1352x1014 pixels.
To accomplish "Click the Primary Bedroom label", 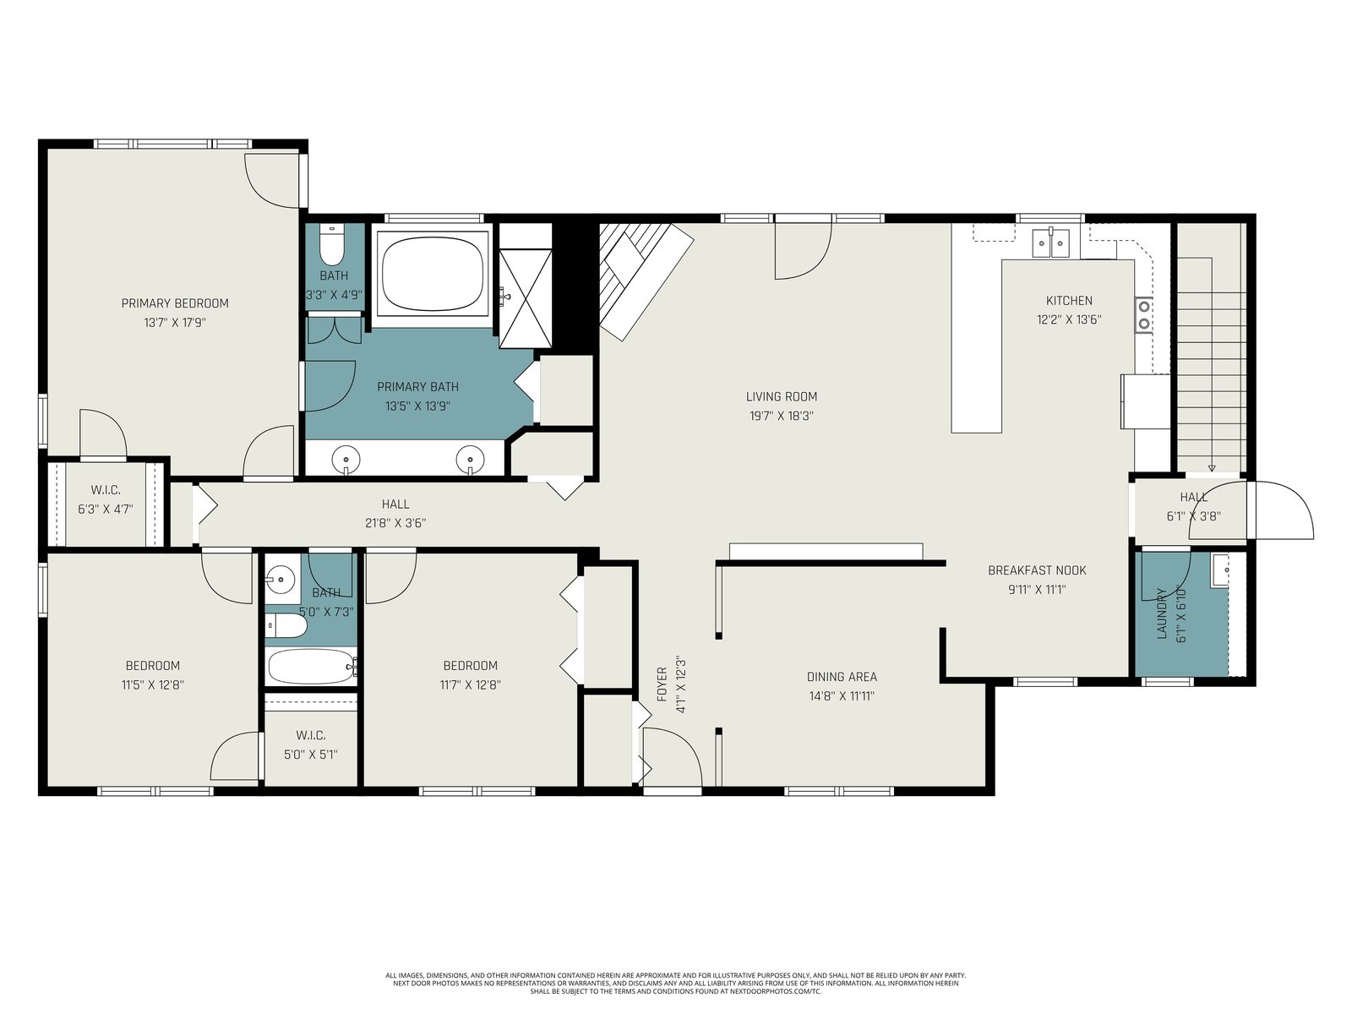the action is pos(175,303).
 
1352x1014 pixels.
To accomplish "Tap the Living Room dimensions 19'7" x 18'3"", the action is pos(781,416).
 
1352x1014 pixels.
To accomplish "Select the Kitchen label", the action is pos(1069,301).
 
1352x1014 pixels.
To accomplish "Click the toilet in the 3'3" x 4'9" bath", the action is pos(333,245).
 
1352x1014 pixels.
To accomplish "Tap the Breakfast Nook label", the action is pos(1037,570).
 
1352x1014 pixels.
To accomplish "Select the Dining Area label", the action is pos(842,677).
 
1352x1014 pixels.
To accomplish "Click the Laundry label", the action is pos(1162,613).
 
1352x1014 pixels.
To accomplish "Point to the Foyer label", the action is pos(662,684).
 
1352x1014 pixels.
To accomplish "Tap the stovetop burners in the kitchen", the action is pos(1144,314).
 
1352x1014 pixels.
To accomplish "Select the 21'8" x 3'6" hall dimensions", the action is pos(395,523).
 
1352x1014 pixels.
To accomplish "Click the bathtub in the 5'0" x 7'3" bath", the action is pos(313,666).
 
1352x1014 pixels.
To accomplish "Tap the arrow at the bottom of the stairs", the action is pos(1212,468).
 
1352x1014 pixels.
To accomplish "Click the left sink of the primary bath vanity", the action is pos(346,459).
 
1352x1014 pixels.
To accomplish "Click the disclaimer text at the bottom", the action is pos(676,984).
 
